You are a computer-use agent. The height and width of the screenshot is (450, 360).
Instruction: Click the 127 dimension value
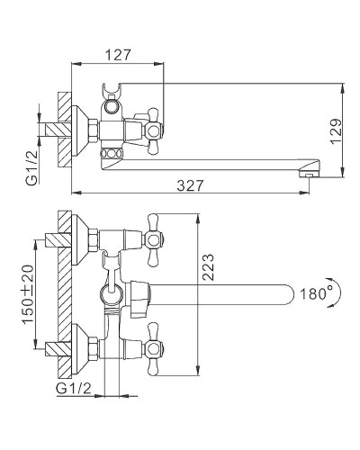tap(119, 55)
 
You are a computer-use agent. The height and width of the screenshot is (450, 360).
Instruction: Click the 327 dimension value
tap(190, 185)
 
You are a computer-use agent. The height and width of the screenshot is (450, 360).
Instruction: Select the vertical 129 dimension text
tap(337, 131)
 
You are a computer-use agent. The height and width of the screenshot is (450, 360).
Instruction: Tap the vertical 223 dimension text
tap(208, 267)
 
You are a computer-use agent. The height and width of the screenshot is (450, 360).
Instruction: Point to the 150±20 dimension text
tap(28, 294)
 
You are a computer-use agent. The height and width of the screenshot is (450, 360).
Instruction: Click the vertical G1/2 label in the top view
tap(32, 167)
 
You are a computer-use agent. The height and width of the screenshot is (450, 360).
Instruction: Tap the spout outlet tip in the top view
tap(308, 174)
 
